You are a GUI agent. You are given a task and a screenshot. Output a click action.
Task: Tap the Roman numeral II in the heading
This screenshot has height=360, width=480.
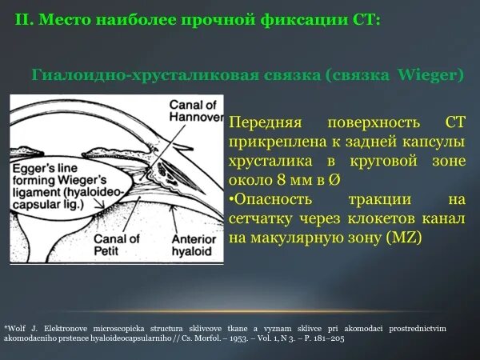22,19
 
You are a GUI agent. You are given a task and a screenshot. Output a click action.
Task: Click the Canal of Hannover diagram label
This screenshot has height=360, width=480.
196,111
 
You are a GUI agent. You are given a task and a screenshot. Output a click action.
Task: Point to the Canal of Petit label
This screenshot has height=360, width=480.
117,245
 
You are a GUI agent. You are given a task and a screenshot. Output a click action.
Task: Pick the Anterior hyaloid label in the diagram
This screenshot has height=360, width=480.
194,245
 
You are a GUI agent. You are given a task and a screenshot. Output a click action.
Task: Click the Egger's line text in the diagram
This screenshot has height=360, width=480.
45,168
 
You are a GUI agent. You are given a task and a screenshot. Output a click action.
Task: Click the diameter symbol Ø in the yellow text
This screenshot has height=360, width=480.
334,180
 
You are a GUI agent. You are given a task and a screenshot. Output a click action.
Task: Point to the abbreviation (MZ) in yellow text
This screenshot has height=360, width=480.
404,238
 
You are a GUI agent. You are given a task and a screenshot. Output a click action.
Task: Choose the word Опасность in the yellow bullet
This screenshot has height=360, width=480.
270,199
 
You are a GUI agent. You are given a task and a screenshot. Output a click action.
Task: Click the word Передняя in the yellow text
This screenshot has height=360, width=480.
266,122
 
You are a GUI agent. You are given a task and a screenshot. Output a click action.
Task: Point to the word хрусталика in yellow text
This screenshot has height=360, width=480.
270,162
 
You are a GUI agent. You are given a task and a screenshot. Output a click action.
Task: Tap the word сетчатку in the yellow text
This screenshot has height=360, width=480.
261,219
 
